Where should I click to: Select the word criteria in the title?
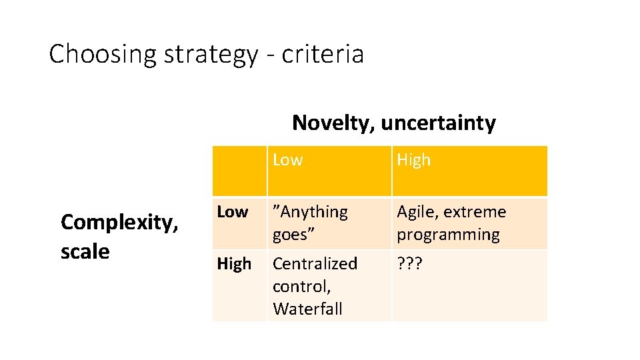pos(323,54)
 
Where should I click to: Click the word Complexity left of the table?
pos(119,222)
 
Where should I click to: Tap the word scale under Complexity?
pos(85,251)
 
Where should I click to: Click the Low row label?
pos(233,212)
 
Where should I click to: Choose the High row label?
pos(234,264)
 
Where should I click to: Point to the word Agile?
pos(417,212)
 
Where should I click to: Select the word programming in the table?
pos(448,235)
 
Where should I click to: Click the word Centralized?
pos(315,264)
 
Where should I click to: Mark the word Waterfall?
pos(307,309)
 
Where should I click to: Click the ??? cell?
pos(409,264)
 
